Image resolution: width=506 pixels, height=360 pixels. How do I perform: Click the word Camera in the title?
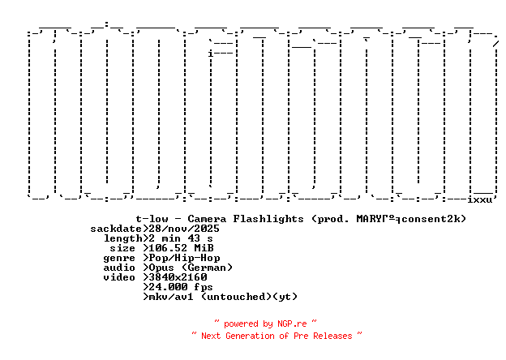click(x=210, y=219)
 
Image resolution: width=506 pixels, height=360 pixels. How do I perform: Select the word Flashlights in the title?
click(x=268, y=219)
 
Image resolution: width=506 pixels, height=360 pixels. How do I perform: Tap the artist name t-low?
click(x=152, y=219)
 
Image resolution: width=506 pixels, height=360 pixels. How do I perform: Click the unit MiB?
click(x=204, y=248)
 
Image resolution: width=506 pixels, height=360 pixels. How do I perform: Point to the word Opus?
click(x=161, y=268)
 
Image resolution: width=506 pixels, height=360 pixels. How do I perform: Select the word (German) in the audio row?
click(x=207, y=268)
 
